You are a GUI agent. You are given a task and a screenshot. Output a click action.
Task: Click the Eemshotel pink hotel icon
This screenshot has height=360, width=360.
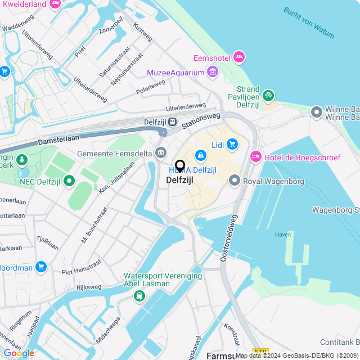click(x=239, y=56)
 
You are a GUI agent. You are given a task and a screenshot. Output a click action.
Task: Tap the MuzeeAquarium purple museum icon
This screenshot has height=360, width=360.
click(x=213, y=71)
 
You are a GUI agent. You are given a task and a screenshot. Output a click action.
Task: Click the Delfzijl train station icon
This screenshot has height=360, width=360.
click(x=172, y=121)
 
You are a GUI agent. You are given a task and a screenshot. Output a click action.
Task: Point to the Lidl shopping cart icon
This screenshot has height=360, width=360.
click(x=232, y=145)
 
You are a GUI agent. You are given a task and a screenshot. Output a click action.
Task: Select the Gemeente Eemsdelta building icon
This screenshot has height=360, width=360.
click(x=161, y=152)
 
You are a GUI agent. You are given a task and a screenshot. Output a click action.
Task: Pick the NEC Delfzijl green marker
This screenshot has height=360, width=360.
click(x=69, y=181)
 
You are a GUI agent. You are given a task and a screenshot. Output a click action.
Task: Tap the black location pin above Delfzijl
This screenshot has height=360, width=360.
click(x=180, y=166)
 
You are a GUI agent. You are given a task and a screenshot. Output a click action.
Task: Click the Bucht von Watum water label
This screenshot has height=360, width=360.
click(x=308, y=23)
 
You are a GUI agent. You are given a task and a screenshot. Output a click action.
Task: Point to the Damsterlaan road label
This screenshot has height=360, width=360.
click(x=58, y=138)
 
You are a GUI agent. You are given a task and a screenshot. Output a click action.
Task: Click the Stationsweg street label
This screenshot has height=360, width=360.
click(x=199, y=118)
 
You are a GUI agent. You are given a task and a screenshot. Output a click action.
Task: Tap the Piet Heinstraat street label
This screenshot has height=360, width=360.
click(x=82, y=265)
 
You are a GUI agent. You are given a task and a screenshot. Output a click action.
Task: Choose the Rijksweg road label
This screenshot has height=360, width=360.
click(x=88, y=287)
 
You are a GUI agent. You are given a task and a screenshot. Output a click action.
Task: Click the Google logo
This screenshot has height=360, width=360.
click(x=18, y=353)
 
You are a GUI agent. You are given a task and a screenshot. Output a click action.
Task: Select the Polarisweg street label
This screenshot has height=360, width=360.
click(x=151, y=87)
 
